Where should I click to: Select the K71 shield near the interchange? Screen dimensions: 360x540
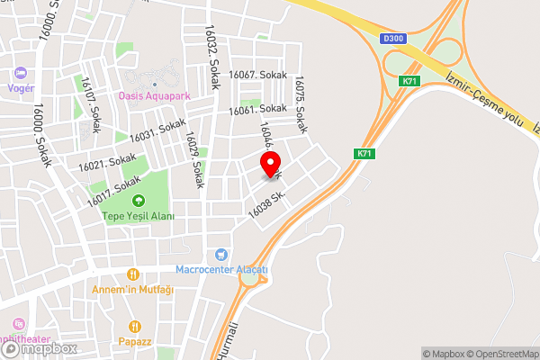pyautogui.click(x=410, y=81)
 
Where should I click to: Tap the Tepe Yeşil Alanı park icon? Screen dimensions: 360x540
pyautogui.click(x=139, y=201)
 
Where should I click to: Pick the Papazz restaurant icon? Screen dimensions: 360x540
pyautogui.click(x=135, y=327)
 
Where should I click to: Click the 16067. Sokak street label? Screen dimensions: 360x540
pyautogui.click(x=257, y=76)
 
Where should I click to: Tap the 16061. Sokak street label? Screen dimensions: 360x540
pyautogui.click(x=257, y=109)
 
